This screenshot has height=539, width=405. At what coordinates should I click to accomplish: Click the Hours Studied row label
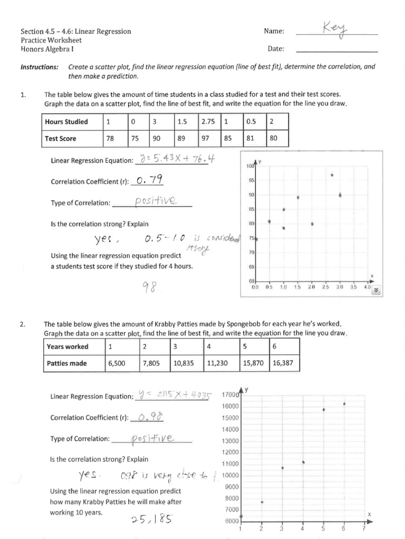point(66,122)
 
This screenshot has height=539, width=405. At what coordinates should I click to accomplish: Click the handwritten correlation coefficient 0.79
point(149,181)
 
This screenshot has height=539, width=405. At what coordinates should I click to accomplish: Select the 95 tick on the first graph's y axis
point(251,181)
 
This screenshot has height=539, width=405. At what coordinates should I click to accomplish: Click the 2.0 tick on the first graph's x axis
point(311,287)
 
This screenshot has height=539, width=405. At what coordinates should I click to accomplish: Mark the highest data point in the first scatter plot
point(332,175)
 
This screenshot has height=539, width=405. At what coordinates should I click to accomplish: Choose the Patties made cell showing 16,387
point(284,363)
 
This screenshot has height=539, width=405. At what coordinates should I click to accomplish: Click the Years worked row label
point(67,347)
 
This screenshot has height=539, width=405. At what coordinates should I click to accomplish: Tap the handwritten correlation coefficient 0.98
point(151,417)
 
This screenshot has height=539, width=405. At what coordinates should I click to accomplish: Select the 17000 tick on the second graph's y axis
point(230,395)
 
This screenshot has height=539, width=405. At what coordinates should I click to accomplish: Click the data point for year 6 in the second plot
point(344,404)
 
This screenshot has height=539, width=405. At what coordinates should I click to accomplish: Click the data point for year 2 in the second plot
point(262,502)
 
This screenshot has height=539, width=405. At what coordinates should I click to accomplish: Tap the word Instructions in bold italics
point(40,67)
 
